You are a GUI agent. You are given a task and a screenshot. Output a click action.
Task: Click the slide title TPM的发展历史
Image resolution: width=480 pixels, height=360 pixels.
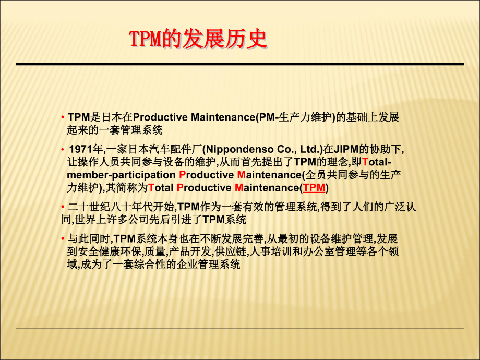[198, 40]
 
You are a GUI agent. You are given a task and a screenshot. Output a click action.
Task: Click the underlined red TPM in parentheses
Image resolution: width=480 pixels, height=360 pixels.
[314, 188]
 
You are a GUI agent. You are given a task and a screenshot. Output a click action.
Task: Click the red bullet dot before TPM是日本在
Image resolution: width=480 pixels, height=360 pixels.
[63, 117]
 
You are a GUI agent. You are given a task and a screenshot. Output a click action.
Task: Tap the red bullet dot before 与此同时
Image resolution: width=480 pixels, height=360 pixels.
[63, 239]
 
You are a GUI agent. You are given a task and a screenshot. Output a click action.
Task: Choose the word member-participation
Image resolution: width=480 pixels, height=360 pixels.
[121, 175]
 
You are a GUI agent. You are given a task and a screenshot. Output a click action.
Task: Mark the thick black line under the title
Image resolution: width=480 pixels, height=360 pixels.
[239, 64]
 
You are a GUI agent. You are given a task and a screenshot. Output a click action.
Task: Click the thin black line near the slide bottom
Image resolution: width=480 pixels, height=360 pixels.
[239, 328]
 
